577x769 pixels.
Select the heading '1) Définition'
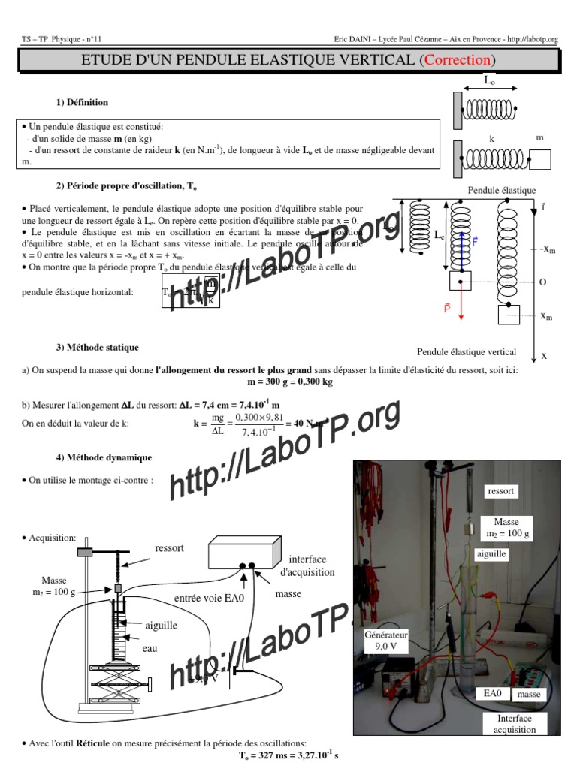tap(82, 102)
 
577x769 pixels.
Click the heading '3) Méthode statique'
tap(97, 348)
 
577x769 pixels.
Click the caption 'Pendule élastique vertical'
tap(467, 352)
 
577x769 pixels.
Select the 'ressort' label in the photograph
tap(501, 490)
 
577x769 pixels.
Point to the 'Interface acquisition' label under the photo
tap(515, 724)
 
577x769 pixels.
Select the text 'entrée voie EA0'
tap(209, 598)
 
